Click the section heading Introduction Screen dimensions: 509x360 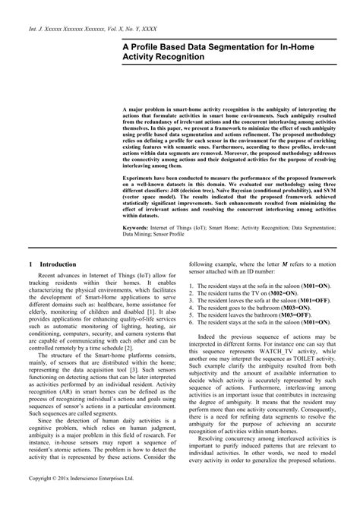(53, 264)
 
